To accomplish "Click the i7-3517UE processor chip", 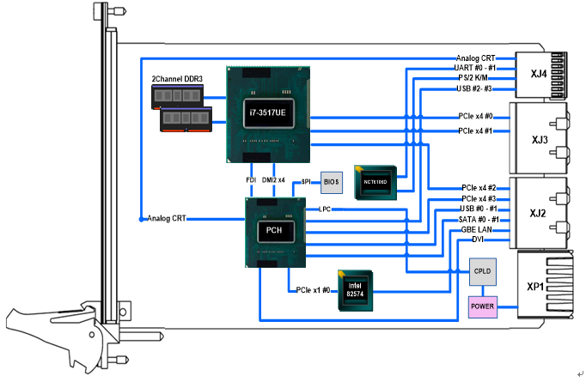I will (267, 113).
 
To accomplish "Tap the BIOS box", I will (332, 181).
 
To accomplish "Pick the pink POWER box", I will (482, 305).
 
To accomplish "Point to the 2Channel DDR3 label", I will (177, 80).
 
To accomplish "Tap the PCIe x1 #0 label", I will (314, 289).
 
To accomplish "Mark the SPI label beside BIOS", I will (305, 181).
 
